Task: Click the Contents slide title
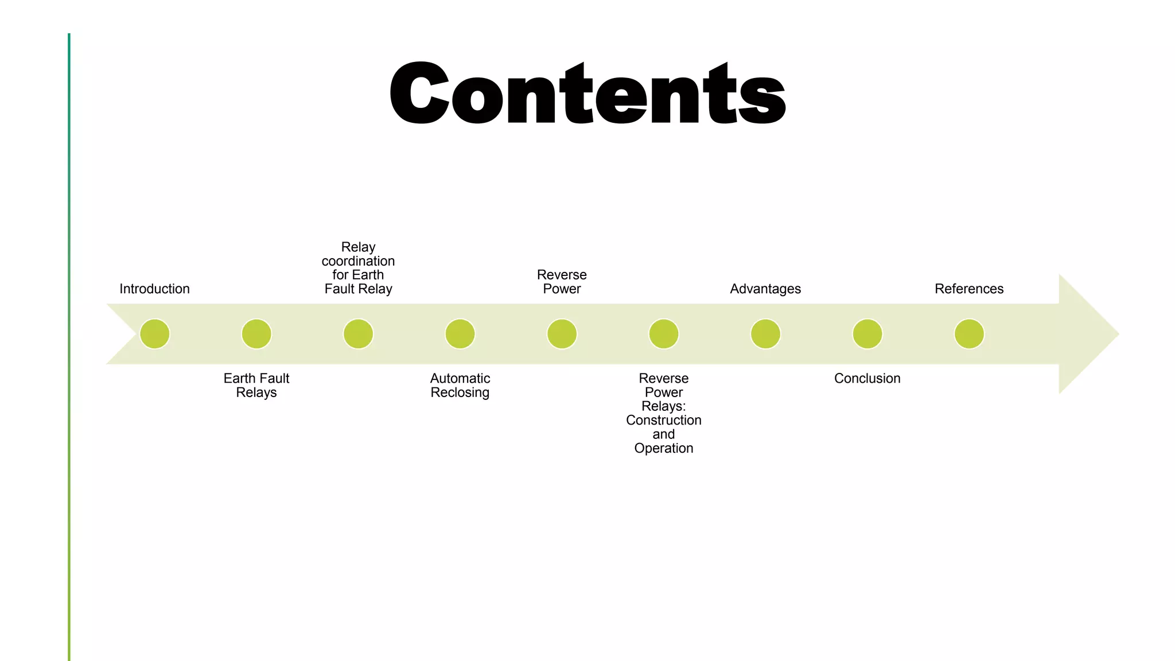587,92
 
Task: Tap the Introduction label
154,289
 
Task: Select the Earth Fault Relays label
256,385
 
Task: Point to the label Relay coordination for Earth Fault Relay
358,268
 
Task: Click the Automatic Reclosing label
460,385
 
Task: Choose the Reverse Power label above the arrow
562,282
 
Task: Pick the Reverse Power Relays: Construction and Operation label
664,413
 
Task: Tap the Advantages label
765,289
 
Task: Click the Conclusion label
867,378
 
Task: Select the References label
969,289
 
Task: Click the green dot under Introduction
154,334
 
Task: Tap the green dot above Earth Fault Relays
256,334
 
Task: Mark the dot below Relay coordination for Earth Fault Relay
358,334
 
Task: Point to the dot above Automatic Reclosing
460,334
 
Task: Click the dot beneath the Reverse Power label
562,334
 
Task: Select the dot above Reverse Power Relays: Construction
664,334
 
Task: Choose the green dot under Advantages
765,334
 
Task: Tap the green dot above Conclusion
867,334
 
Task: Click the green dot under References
969,334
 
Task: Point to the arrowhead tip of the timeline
1119,334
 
